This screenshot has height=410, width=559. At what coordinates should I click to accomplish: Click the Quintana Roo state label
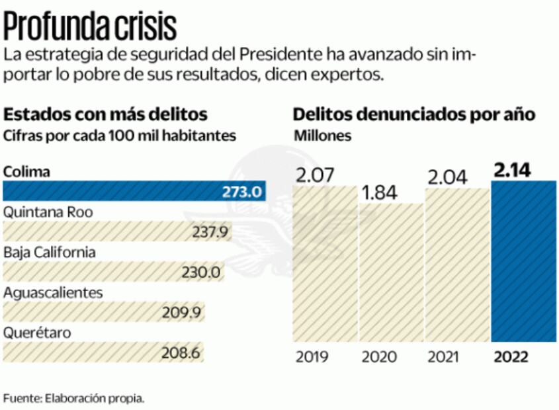48,212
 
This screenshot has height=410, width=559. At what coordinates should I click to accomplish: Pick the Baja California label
50,252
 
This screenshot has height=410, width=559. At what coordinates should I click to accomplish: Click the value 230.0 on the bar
201,272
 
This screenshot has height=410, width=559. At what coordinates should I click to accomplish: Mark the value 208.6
181,352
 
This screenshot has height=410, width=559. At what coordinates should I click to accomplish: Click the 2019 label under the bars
313,357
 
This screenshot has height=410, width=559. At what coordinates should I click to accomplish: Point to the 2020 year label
379,357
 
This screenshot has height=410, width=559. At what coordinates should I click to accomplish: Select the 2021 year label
445,357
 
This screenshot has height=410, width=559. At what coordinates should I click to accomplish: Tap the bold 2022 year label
511,357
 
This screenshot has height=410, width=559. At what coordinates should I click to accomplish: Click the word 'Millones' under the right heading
322,136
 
